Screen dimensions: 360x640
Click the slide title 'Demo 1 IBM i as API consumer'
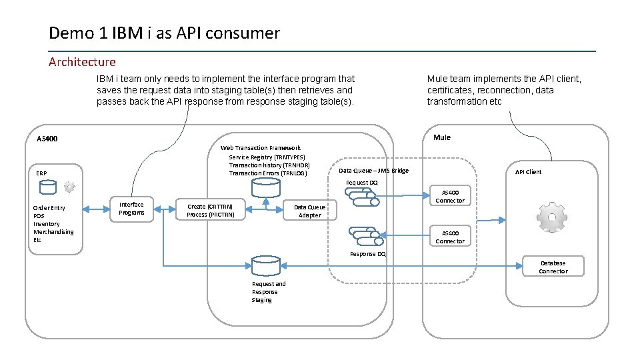click(x=164, y=33)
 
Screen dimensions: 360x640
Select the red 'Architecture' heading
click(x=82, y=62)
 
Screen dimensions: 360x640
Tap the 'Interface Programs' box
click(x=131, y=209)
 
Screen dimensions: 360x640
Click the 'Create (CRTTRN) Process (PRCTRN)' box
click(x=210, y=211)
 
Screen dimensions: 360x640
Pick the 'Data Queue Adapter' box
click(x=310, y=211)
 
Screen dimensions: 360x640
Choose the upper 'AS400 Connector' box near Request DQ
click(x=450, y=196)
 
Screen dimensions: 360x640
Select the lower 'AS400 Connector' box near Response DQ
click(x=450, y=237)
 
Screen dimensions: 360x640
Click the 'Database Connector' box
click(x=553, y=267)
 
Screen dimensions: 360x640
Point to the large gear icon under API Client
click(x=553, y=217)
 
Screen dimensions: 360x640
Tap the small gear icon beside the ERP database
click(x=69, y=187)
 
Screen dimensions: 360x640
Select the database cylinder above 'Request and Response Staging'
click(x=265, y=265)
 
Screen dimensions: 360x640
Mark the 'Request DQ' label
click(x=361, y=182)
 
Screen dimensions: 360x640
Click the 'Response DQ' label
click(x=367, y=254)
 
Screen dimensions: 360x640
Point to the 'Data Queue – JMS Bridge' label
click(x=373, y=171)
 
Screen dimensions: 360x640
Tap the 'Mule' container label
click(x=441, y=137)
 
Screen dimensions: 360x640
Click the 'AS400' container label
click(x=47, y=139)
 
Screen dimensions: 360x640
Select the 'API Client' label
click(x=528, y=172)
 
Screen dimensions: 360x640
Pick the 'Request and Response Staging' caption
click(x=268, y=292)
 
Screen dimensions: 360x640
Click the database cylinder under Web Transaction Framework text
click(x=265, y=188)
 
